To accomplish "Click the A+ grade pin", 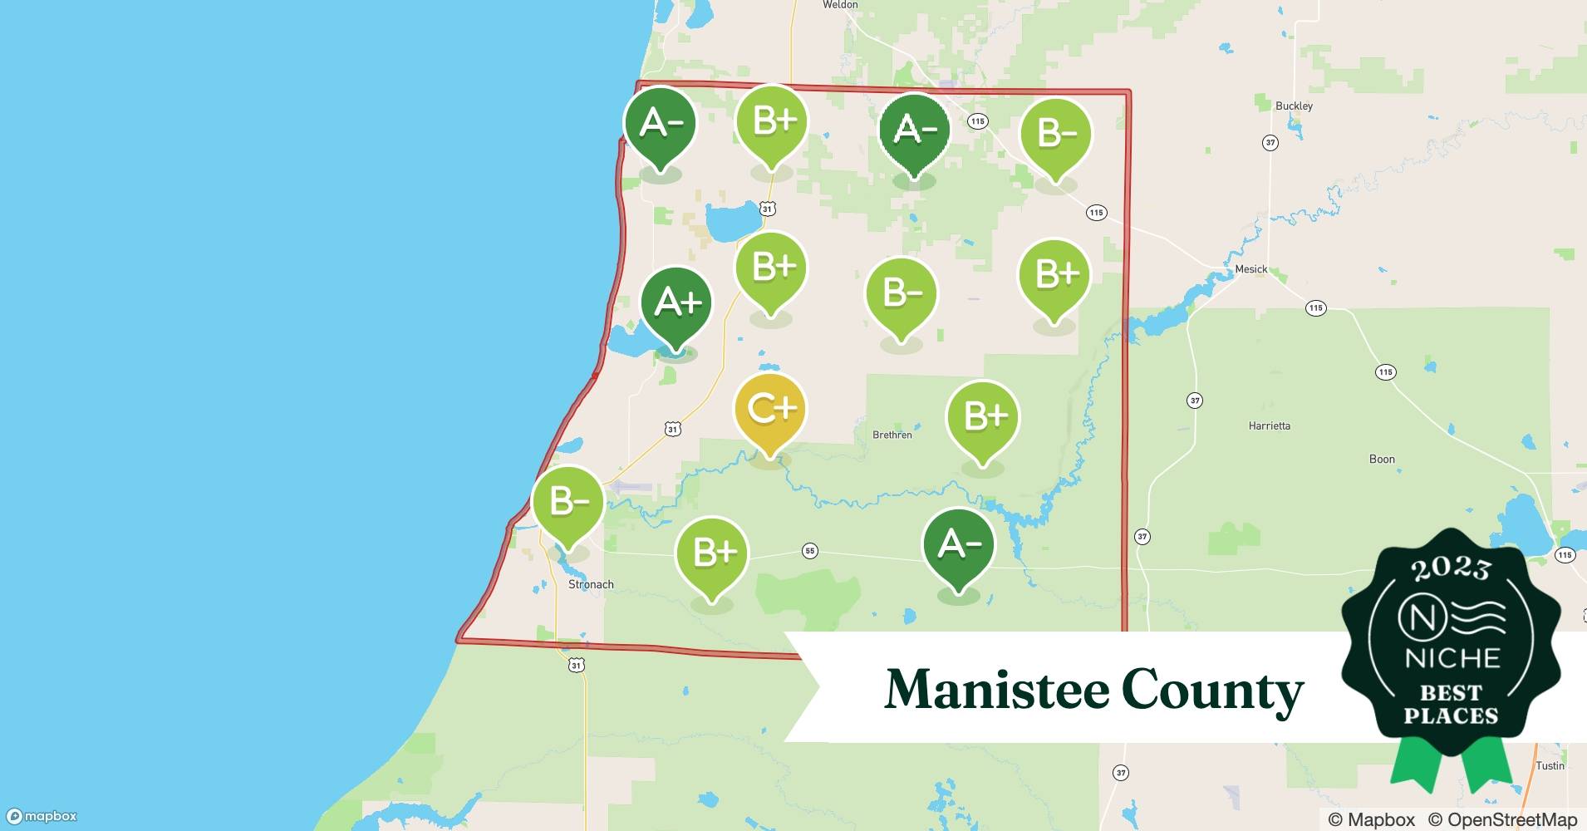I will coord(676,303).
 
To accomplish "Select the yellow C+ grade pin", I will coord(770,410).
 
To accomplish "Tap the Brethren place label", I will coord(892,435).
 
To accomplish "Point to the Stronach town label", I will coord(591,584).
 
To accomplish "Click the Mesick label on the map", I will coord(1250,269).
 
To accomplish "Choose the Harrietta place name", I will coord(1269,425).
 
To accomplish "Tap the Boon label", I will coord(1382,459).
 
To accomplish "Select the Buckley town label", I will coord(1294,106).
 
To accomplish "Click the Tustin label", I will coord(1550,765).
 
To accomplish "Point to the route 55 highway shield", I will coord(809,551).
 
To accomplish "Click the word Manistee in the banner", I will coord(996,690).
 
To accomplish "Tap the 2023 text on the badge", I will coord(1451,568).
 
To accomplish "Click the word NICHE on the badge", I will coord(1452,658).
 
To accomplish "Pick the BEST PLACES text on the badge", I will coord(1451,704).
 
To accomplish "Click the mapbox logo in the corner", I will coord(42,816).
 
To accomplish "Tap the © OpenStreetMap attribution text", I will coord(1502,819).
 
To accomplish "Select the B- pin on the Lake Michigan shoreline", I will coord(568,503).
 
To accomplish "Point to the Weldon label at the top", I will coord(839,5).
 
